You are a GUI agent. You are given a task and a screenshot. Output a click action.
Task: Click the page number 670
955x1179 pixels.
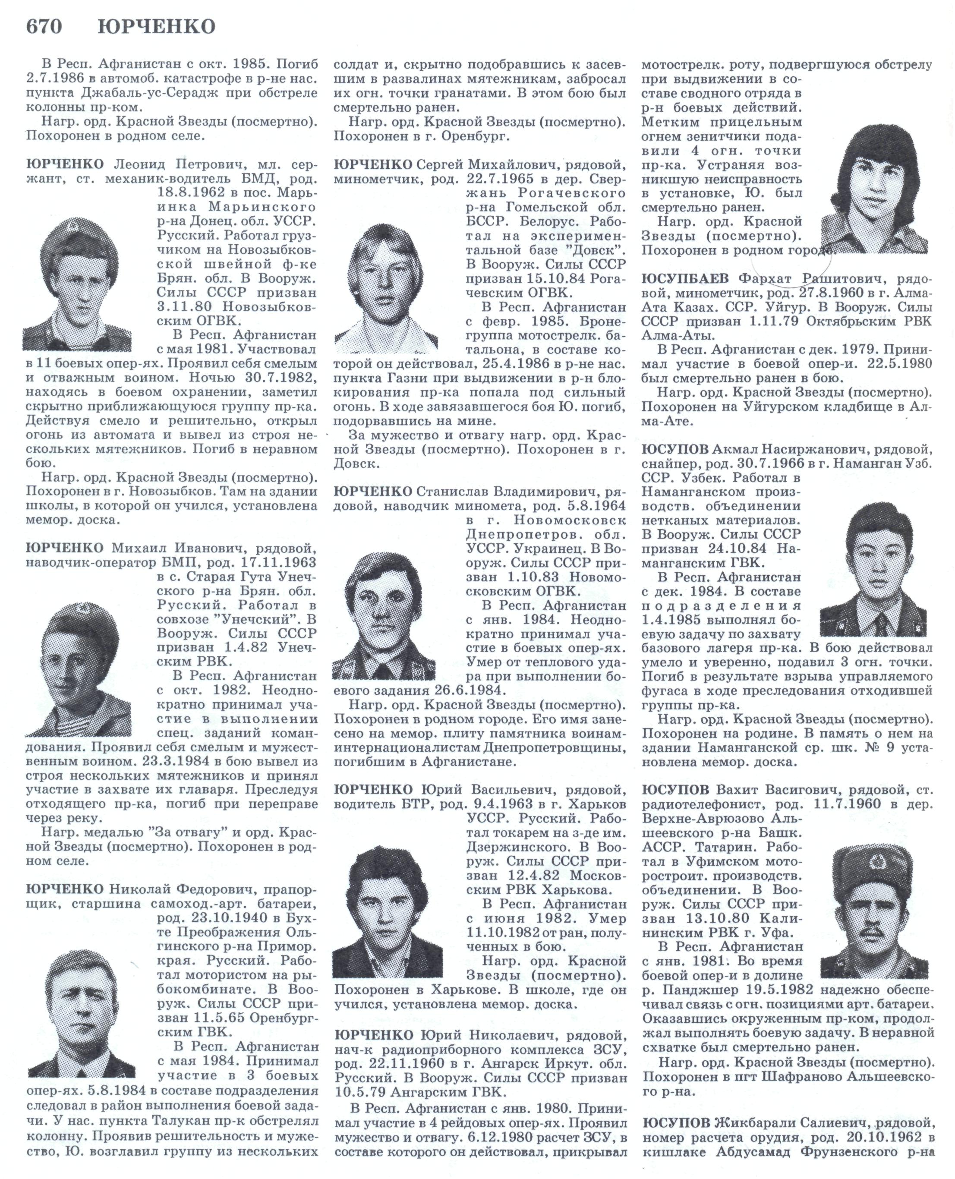(44, 26)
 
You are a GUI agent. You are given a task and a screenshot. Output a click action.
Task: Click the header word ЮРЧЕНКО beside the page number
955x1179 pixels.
(157, 26)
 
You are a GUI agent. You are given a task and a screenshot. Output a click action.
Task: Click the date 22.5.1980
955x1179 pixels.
(899, 364)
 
